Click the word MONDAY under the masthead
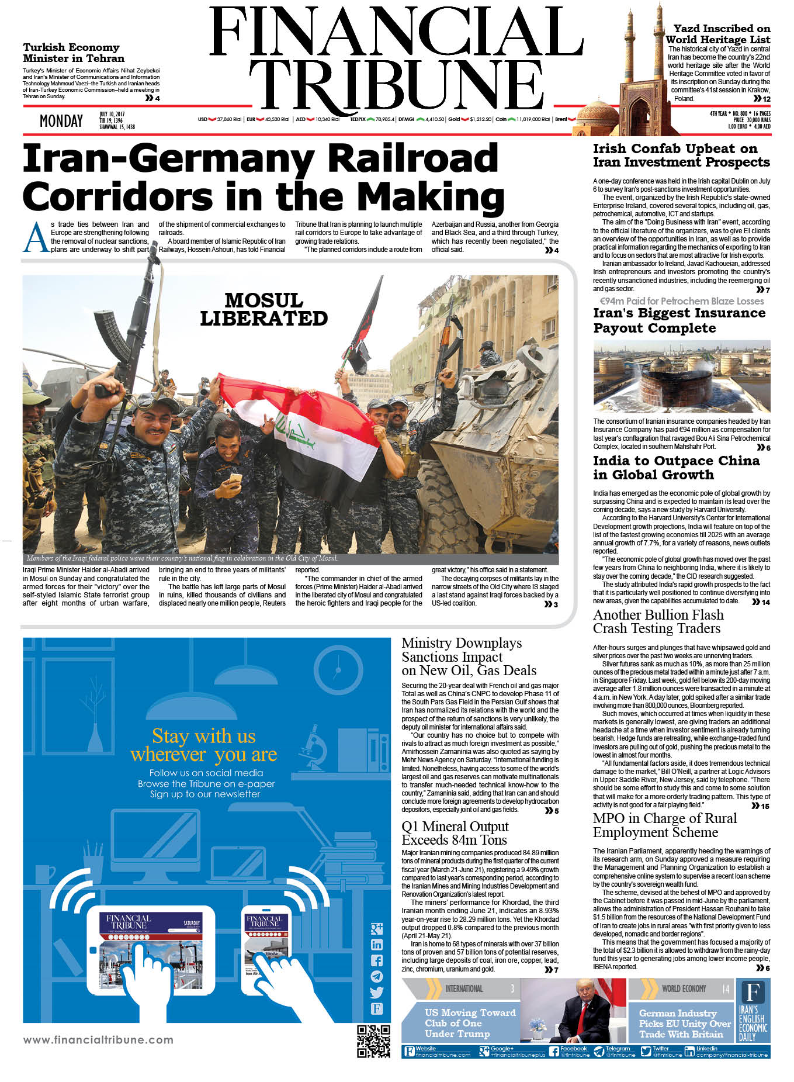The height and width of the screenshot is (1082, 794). click(x=61, y=121)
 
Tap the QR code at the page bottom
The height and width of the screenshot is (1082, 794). click(x=373, y=1041)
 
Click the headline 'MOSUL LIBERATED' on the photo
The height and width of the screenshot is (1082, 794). click(x=263, y=309)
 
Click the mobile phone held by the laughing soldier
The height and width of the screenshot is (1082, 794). click(x=235, y=480)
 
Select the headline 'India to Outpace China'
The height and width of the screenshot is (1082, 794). click(x=676, y=468)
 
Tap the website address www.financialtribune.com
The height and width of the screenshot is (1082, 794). click(x=98, y=1040)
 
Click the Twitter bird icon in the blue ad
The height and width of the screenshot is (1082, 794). click(x=377, y=992)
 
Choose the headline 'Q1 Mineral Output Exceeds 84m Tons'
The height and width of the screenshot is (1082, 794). click(x=455, y=833)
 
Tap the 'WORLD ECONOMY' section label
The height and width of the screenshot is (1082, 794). click(x=684, y=988)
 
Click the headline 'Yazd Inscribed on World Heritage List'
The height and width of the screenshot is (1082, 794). click(x=718, y=34)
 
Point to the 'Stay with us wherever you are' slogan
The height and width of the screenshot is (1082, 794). click(x=204, y=745)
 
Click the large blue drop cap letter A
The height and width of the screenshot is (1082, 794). click(x=36, y=238)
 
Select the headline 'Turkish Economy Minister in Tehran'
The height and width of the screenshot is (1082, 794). click(x=74, y=53)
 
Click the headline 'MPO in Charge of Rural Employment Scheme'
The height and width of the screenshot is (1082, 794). click(x=664, y=825)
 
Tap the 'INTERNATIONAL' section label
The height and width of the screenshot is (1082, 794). click(x=464, y=988)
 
